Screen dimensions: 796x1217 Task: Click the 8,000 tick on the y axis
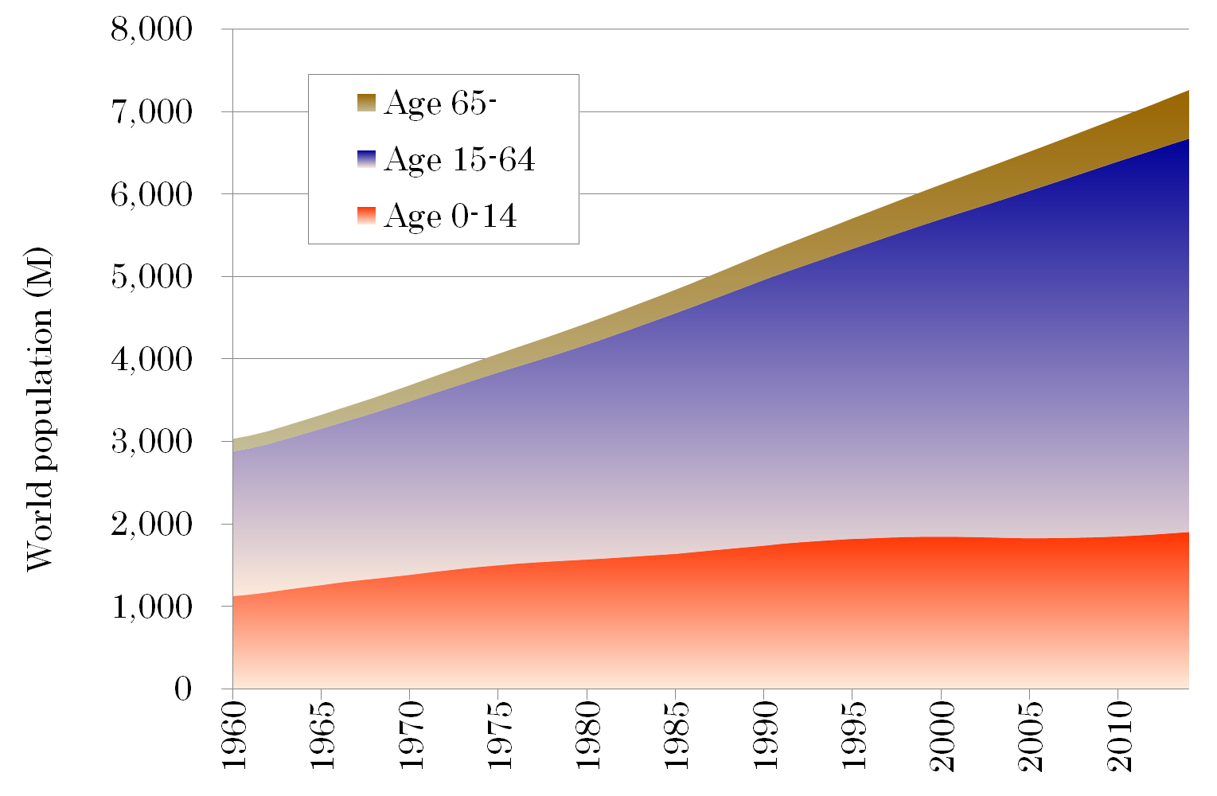(151, 29)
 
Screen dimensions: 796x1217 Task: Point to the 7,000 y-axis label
(151, 112)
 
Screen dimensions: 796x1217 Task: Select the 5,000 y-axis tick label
(151, 277)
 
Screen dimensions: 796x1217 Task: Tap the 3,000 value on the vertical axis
(151, 442)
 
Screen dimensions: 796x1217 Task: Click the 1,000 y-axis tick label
(151, 607)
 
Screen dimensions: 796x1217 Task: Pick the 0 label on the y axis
(183, 689)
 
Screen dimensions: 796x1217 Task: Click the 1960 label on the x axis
(233, 736)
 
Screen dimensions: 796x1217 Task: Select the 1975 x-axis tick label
(499, 736)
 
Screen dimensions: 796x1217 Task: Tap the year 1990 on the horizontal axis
(765, 736)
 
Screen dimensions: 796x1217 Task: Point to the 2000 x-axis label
(942, 736)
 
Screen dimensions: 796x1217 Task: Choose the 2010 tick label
(1119, 736)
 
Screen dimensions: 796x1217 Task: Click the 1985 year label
(677, 736)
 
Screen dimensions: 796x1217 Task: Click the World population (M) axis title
(39, 410)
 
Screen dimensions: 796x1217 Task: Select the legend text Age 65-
(440, 103)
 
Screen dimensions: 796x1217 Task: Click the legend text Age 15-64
(459, 159)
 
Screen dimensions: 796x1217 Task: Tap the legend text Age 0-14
(450, 216)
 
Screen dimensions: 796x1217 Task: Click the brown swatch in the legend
(366, 103)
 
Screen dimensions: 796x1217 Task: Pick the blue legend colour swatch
(366, 159)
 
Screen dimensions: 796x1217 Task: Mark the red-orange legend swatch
(366, 216)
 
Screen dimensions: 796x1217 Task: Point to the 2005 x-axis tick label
(1031, 736)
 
